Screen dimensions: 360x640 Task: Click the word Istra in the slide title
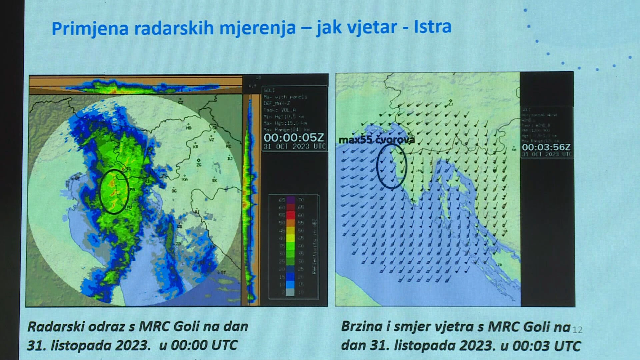(x=432, y=27)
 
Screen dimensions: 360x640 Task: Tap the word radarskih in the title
(x=174, y=28)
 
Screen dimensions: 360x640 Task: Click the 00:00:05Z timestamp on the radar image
(x=293, y=137)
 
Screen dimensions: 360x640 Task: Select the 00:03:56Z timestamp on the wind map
(x=546, y=147)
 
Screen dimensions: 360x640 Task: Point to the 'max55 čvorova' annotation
(x=376, y=140)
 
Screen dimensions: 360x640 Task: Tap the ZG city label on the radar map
(x=199, y=164)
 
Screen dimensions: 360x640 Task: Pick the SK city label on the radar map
(x=214, y=180)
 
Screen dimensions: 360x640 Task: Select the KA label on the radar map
(x=185, y=179)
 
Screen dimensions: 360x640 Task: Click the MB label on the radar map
(x=189, y=128)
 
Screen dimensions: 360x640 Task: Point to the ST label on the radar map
(x=223, y=272)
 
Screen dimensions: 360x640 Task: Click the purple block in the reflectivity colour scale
(x=290, y=200)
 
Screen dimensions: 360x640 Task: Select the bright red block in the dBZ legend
(x=290, y=215)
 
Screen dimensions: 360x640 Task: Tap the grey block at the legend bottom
(x=290, y=292)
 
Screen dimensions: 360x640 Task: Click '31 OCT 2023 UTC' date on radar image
(x=294, y=146)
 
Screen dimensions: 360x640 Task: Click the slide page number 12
(x=577, y=330)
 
